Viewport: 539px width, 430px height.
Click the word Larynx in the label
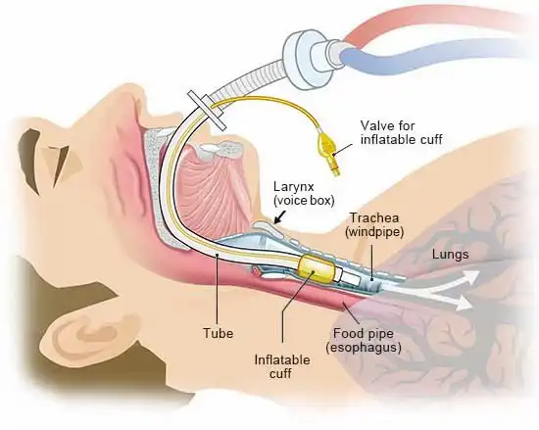294,187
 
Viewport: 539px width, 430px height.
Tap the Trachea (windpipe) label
374,225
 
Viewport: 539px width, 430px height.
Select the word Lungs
451,255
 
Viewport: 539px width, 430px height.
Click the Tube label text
218,333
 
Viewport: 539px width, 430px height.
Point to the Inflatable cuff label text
282,366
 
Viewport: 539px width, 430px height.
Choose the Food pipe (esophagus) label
364,340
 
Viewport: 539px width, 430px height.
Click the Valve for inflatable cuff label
401,132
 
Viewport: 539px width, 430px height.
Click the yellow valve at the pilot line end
329,151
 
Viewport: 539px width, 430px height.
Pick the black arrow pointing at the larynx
281,216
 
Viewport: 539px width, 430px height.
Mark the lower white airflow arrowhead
464,304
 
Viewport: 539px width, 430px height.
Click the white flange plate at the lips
207,111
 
